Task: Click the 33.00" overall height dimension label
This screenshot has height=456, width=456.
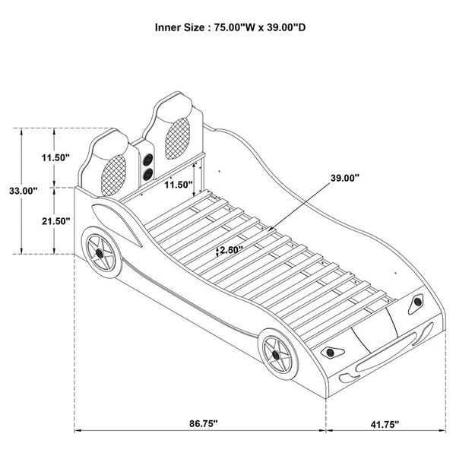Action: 19,192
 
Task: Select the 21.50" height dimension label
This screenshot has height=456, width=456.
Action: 55,220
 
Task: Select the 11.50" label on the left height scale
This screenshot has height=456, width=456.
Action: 55,157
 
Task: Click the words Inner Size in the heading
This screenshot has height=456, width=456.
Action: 179,27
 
